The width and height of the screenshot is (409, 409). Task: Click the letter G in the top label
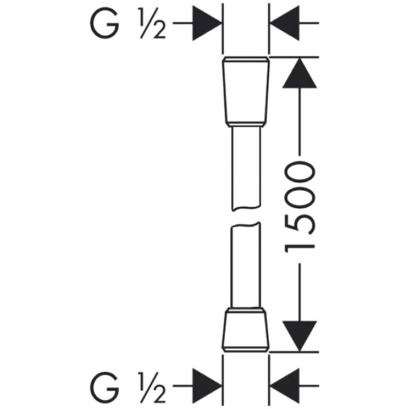tap(105, 24)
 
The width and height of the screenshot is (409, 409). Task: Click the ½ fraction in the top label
tap(152, 24)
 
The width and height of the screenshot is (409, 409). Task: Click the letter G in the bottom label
tap(105, 387)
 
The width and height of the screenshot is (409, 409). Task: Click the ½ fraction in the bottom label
tap(152, 387)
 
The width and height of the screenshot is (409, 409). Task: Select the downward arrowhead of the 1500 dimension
tap(300, 336)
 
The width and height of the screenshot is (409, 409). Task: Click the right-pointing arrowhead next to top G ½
tap(207, 23)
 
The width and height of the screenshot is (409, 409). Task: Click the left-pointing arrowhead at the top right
tap(285, 23)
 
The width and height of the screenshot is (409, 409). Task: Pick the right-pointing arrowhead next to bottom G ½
tap(207, 386)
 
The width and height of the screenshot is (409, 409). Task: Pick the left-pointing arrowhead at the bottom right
tap(285, 386)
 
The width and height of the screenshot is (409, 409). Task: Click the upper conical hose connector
tap(245, 91)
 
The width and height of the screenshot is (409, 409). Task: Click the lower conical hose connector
tap(245, 330)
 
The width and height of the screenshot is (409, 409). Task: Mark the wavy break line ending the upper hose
tap(246, 208)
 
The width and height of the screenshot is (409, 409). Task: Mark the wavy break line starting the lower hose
tap(245, 225)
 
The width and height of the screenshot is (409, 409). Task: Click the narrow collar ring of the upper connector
tap(245, 124)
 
